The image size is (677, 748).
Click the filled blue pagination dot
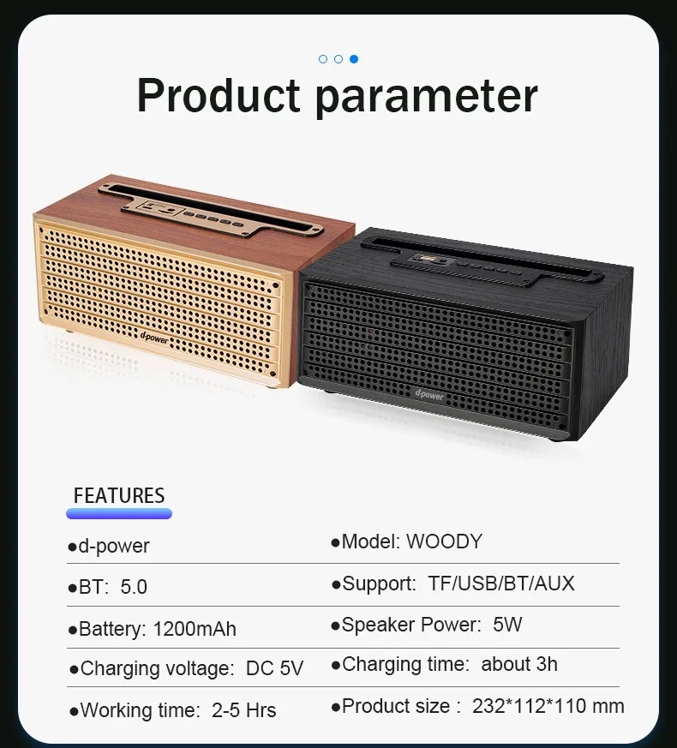click(x=354, y=59)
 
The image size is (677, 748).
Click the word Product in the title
click(x=219, y=95)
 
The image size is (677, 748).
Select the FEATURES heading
click(x=119, y=495)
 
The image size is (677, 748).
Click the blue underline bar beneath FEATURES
click(x=119, y=514)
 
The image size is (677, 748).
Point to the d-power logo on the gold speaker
click(x=154, y=338)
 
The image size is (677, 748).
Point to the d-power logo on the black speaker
click(x=429, y=394)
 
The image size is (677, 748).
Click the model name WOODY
click(x=444, y=542)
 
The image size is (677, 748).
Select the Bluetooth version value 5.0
click(x=134, y=587)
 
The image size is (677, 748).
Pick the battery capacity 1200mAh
click(x=195, y=629)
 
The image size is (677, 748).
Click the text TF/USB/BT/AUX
click(x=501, y=583)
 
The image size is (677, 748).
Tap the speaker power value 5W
click(x=507, y=625)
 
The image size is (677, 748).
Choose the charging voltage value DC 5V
click(x=274, y=668)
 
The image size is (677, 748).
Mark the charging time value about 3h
click(x=519, y=664)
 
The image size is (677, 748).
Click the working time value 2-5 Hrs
click(x=243, y=710)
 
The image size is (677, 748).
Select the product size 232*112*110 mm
click(x=548, y=706)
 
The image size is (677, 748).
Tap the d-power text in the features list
click(x=114, y=547)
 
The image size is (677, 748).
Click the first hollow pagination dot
click(x=323, y=59)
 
